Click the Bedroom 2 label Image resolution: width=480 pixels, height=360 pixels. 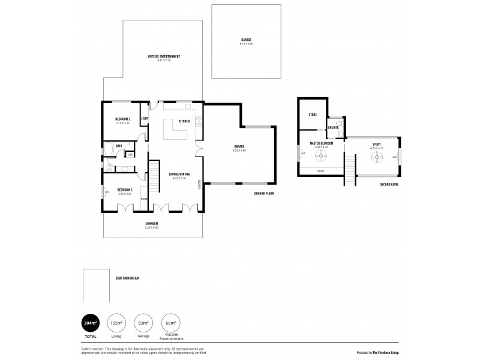122,119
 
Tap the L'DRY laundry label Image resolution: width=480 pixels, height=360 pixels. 145,119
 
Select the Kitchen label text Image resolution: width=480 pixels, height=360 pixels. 184,121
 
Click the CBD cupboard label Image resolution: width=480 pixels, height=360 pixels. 130,155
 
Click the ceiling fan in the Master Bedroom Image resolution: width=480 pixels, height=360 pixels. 322,157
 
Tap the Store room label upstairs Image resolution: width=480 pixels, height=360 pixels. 312,114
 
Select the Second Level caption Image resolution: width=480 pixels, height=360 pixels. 389,184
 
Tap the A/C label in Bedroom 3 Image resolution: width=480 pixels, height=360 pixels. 107,193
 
